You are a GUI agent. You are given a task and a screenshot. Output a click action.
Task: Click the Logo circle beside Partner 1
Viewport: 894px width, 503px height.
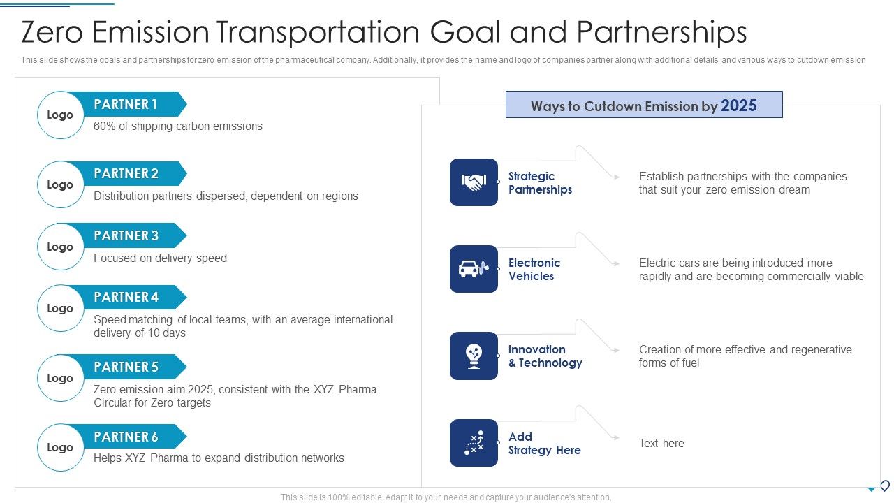click(60, 115)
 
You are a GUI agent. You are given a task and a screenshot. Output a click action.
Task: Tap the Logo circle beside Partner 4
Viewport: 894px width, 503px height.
click(60, 308)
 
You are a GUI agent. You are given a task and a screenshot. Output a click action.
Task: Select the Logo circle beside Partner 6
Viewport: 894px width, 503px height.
click(60, 447)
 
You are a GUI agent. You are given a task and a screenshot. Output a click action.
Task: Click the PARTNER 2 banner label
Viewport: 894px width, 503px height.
click(126, 173)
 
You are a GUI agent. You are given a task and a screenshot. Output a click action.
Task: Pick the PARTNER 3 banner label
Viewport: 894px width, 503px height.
click(126, 235)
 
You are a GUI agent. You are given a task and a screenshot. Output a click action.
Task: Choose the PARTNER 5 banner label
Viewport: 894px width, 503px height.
click(126, 367)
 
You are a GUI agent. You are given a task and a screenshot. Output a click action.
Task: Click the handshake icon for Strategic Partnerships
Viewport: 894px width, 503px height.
click(474, 182)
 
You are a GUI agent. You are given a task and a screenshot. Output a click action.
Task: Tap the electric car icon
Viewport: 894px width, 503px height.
click(474, 269)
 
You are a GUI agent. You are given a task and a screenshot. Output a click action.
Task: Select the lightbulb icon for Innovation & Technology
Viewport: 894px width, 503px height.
click(474, 356)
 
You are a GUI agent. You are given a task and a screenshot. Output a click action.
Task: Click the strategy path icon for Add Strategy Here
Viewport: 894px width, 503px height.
click(474, 443)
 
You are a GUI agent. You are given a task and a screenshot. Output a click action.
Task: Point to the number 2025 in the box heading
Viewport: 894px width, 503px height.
click(739, 105)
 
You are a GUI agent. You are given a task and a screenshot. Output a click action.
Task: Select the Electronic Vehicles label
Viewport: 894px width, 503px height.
click(534, 270)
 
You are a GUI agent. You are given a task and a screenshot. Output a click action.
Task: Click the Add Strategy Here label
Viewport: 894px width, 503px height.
click(544, 444)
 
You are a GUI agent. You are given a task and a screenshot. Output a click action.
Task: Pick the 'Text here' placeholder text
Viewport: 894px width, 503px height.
click(661, 443)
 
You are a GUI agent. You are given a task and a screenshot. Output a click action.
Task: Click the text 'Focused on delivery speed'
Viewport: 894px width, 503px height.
click(160, 258)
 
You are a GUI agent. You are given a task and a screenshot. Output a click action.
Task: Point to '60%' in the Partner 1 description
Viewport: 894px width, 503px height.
click(104, 126)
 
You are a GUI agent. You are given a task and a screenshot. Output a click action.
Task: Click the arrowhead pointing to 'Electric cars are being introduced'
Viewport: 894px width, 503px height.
click(616, 264)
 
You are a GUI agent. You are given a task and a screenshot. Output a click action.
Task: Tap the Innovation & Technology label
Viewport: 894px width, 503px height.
click(545, 356)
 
